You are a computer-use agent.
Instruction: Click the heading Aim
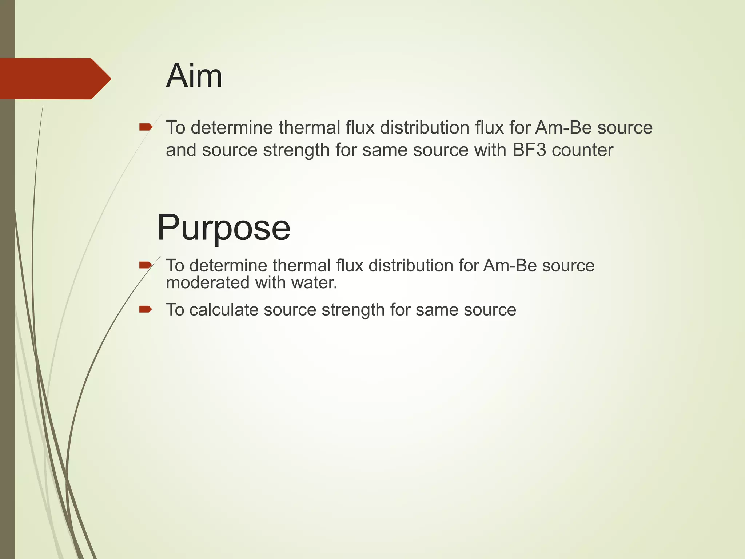194,76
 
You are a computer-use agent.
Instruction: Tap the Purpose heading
223,227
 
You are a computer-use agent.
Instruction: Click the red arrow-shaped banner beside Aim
55,79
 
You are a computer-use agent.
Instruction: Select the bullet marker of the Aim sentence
146,127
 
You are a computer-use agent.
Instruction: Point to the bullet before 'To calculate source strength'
146,309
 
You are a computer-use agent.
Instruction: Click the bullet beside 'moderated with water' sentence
146,265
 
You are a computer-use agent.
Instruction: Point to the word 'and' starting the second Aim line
181,150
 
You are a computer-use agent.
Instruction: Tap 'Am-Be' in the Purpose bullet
510,265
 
